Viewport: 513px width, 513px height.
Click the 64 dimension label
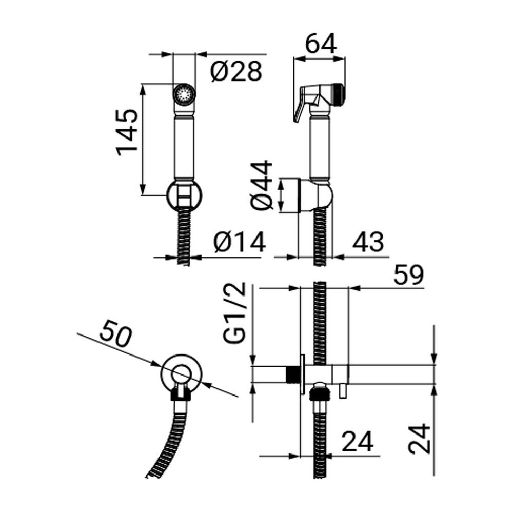[321, 44]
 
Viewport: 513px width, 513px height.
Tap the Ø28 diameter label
[236, 71]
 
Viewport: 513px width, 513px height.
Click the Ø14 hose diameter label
[240, 242]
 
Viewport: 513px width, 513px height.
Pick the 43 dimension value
[367, 242]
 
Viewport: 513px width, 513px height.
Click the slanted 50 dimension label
[116, 334]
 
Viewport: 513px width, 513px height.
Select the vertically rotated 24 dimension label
[420, 439]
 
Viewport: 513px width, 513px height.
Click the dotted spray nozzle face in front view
[184, 93]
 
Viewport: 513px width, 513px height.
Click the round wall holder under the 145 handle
[184, 195]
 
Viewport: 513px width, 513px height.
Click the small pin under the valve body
[342, 391]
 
